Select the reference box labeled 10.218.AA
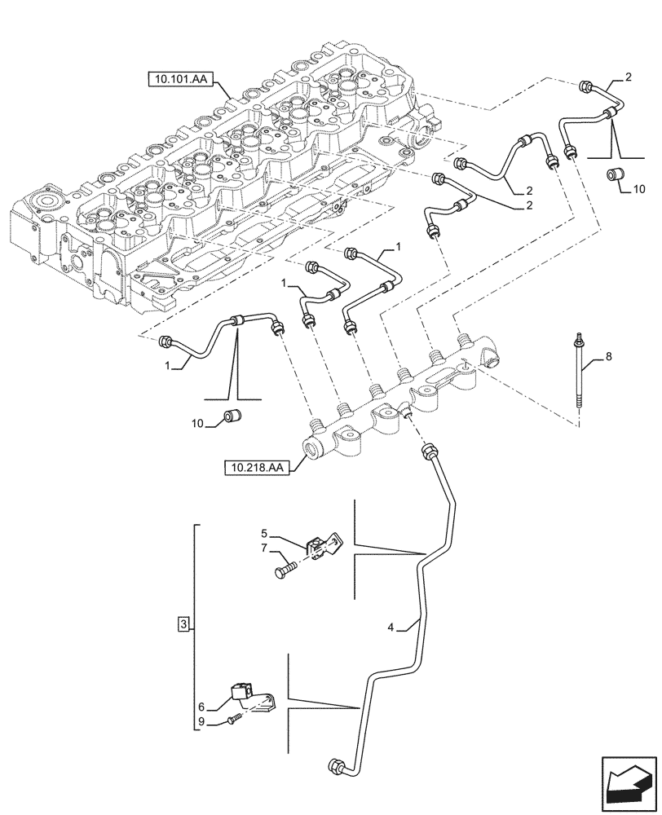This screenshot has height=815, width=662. [254, 468]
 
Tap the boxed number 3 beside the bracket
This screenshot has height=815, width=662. [184, 625]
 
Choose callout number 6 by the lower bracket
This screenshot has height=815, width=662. [201, 706]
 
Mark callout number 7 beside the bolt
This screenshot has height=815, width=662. [265, 551]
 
